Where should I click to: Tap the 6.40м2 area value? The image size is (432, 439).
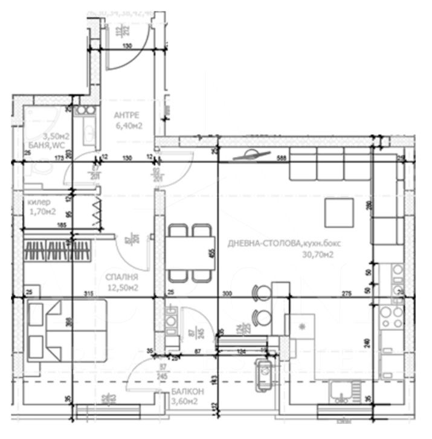[x=129, y=126]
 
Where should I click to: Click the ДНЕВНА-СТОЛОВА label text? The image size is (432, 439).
[x=264, y=244]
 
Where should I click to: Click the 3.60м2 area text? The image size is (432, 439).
[x=184, y=401]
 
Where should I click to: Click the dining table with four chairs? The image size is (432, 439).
[x=190, y=252]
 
